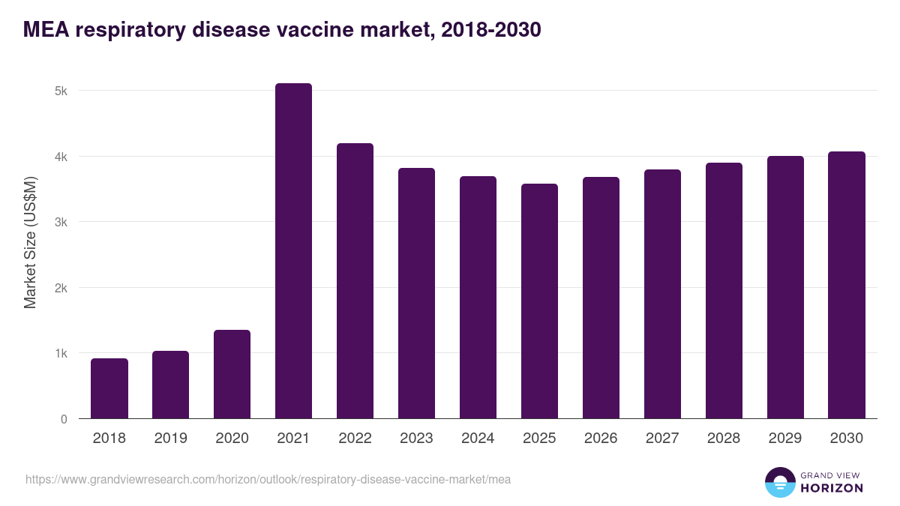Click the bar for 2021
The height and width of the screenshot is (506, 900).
293,251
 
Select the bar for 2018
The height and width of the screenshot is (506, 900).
109,388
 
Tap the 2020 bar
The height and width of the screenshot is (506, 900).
232,374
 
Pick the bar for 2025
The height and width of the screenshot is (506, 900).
539,301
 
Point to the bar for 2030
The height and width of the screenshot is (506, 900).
847,285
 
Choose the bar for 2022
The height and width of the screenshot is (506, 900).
355,281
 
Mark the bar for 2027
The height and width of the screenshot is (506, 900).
662,294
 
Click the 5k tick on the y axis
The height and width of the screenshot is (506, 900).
61,91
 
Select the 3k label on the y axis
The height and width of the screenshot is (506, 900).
61,223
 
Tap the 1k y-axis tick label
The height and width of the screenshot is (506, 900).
61,354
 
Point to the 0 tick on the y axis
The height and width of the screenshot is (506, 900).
64,419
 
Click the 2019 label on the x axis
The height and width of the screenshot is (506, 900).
170,439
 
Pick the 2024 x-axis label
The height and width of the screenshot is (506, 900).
478,439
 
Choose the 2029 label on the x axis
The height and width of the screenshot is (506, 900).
785,439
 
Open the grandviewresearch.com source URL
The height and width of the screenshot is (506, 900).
268,479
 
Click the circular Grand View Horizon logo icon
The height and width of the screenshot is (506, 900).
780,482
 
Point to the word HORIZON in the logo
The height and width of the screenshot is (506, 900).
832,488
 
